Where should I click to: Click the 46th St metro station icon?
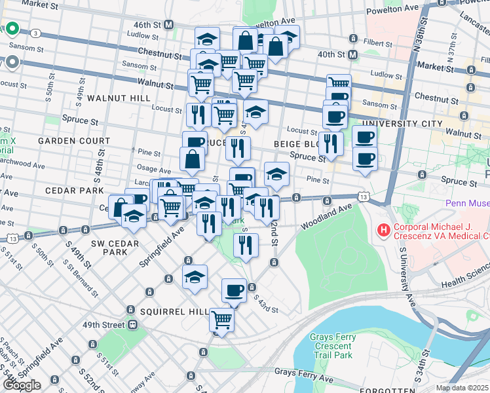click(x=169, y=25)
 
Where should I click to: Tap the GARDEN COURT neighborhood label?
click(x=73, y=141)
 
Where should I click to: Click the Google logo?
click(x=22, y=384)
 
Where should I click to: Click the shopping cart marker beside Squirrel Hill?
click(x=221, y=320)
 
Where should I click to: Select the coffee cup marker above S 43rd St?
click(x=234, y=290)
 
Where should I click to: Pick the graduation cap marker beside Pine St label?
click(x=276, y=175)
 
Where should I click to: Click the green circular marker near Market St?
click(x=12, y=29)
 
